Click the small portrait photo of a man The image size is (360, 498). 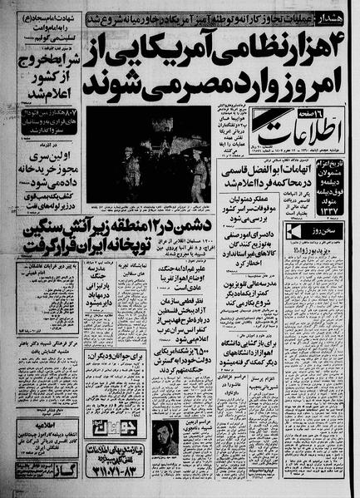pyautogui.click(x=166, y=440)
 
